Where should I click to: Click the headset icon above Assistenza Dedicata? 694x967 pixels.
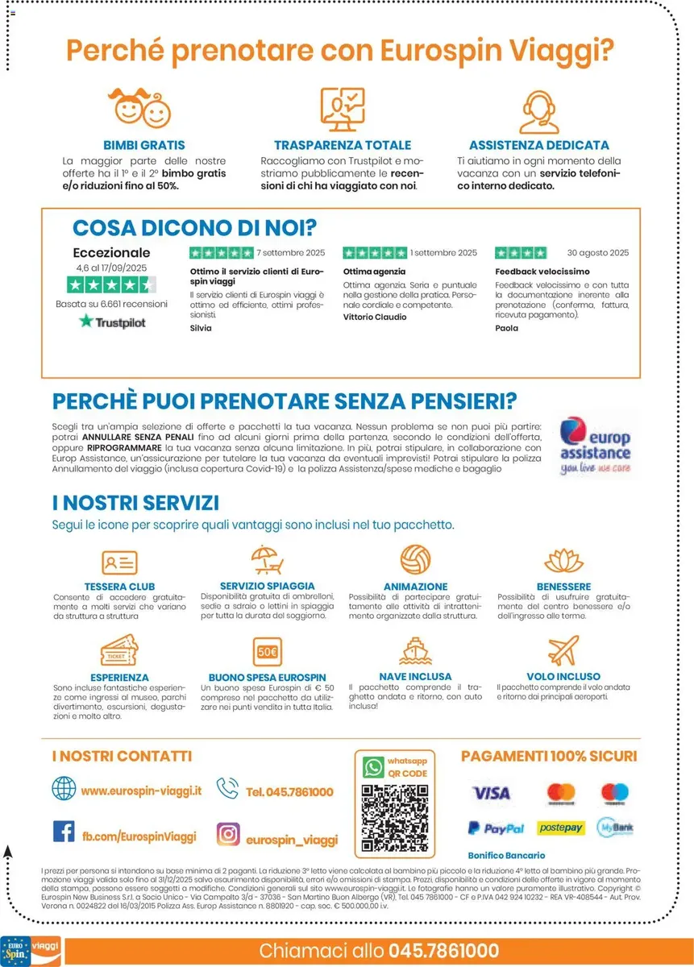click(x=538, y=112)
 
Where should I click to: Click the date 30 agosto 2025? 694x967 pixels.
click(x=597, y=252)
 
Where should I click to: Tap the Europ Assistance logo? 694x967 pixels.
click(x=596, y=444)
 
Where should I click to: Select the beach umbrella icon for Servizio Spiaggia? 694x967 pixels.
click(x=264, y=560)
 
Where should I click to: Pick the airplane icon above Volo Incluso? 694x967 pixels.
click(x=563, y=650)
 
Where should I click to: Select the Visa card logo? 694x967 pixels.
click(x=491, y=793)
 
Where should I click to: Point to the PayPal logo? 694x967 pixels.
click(x=496, y=828)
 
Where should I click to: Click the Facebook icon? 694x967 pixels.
click(x=64, y=831)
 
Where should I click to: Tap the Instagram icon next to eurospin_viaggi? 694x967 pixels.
click(x=228, y=833)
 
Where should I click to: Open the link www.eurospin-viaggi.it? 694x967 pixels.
click(x=140, y=791)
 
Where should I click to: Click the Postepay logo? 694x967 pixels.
click(x=561, y=828)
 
